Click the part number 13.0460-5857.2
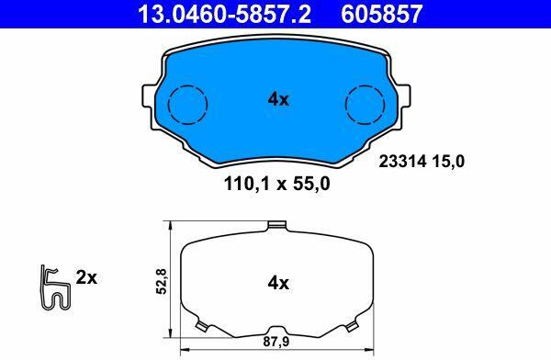[225, 14]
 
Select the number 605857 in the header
[381, 14]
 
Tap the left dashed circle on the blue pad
[187, 105]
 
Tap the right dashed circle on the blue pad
[365, 105]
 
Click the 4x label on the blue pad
[278, 100]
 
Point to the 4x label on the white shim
[278, 283]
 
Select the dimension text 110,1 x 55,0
[277, 184]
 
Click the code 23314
[403, 162]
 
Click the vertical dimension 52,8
[162, 281]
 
